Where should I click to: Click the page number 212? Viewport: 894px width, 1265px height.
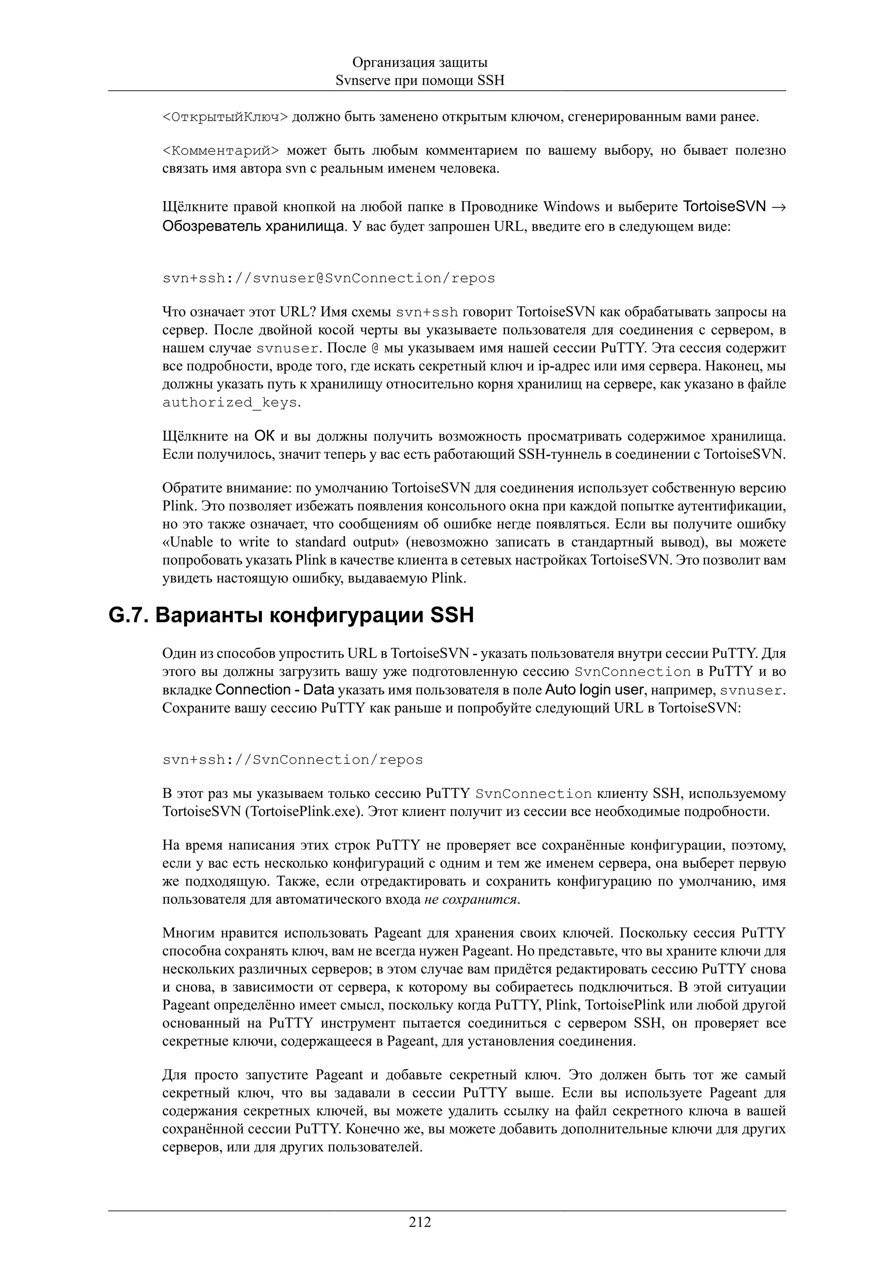pyautogui.click(x=420, y=1222)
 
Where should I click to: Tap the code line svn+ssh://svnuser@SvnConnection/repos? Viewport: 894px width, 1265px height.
pyautogui.click(x=329, y=278)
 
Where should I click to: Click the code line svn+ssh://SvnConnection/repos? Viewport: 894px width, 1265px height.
pyautogui.click(x=292, y=760)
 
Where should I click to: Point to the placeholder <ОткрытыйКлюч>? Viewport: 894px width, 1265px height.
pyautogui.click(x=225, y=117)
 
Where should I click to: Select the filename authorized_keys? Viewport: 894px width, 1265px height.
pyautogui.click(x=230, y=403)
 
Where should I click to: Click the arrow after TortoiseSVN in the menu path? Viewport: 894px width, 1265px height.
pyautogui.click(x=778, y=207)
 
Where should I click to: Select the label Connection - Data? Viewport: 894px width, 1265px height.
pyautogui.click(x=275, y=690)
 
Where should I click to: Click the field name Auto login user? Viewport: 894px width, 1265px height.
pyautogui.click(x=595, y=690)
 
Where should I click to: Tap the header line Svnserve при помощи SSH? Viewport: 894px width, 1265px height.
pyautogui.click(x=420, y=80)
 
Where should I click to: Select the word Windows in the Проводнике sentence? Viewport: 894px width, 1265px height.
pyautogui.click(x=571, y=207)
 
